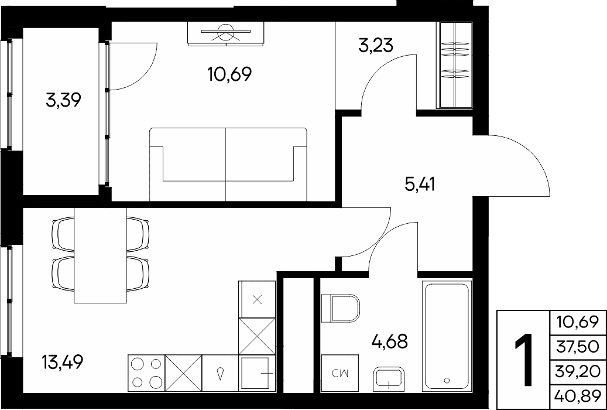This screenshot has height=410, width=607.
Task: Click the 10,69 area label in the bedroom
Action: point(229,73)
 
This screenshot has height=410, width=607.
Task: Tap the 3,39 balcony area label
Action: point(63,101)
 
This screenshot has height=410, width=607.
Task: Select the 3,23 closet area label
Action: point(376,45)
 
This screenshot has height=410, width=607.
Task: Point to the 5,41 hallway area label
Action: point(420,185)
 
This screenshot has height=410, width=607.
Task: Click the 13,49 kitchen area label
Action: point(62,363)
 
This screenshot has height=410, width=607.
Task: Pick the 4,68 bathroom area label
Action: point(389,342)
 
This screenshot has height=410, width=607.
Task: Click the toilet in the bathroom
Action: point(341,308)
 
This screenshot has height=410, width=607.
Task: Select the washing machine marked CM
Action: point(340,373)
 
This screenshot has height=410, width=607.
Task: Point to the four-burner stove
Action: point(146,373)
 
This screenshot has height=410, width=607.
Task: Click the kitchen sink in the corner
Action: point(257,373)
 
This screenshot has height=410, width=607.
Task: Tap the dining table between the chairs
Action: point(101,255)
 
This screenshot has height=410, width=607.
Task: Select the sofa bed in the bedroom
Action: point(228,165)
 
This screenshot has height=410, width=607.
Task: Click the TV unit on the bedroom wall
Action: point(227,33)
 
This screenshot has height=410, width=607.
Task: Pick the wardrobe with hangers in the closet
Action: point(454,64)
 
